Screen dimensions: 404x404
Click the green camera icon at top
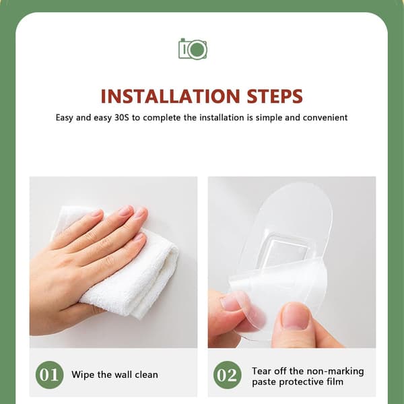193,48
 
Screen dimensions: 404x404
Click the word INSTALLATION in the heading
170,96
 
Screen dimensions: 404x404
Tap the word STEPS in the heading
275,96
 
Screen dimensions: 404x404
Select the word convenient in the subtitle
325,117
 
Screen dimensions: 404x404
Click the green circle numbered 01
49,374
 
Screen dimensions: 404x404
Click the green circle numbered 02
228,374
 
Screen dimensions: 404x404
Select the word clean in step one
147,374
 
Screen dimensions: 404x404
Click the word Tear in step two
261,371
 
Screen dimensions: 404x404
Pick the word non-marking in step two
335,372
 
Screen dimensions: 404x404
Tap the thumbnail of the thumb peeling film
296,316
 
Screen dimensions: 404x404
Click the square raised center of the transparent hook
287,250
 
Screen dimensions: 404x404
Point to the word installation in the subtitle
222,117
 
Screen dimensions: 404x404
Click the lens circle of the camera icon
197,49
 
